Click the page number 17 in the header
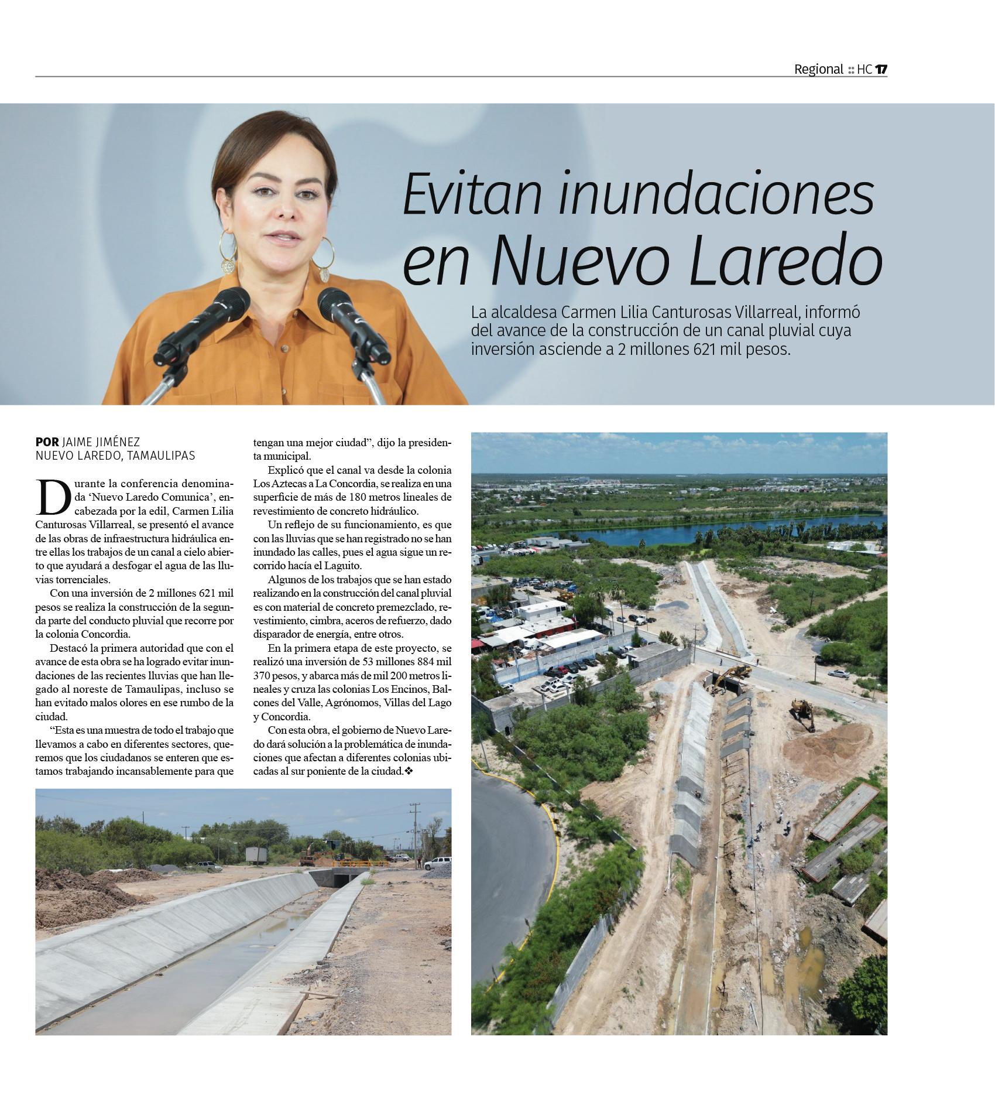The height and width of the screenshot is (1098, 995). pyautogui.click(x=881, y=69)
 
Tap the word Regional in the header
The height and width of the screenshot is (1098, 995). pyautogui.click(x=818, y=69)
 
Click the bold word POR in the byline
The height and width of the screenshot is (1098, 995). pyautogui.click(x=47, y=442)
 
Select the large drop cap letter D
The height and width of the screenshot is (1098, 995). pyautogui.click(x=50, y=495)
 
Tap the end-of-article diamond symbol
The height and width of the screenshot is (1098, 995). pyautogui.click(x=409, y=771)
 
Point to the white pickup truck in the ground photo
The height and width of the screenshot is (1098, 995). pyautogui.click(x=437, y=863)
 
